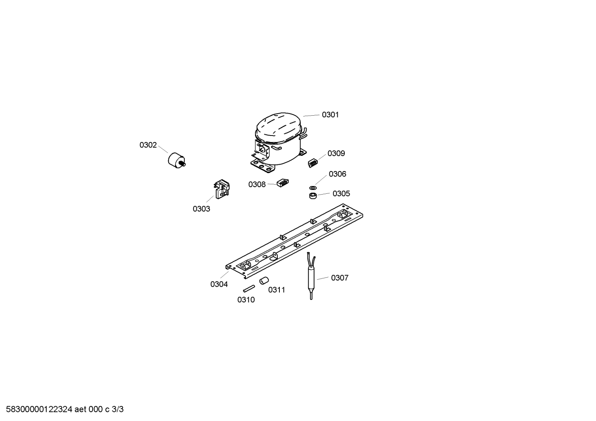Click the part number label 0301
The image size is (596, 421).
click(330, 114)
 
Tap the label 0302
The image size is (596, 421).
click(148, 145)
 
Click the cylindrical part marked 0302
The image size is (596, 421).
click(176, 160)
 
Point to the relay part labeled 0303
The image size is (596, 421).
click(222, 189)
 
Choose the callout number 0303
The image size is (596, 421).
click(201, 209)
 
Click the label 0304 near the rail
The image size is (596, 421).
click(219, 284)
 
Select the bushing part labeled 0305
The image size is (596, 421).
click(313, 196)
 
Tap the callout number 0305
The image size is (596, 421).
click(341, 193)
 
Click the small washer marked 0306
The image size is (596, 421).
click(313, 188)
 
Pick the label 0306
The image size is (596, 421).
click(337, 174)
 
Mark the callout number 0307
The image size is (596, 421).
click(339, 278)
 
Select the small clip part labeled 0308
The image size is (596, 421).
click(283, 183)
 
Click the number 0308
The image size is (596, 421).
click(257, 184)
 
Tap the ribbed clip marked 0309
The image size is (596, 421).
click(313, 163)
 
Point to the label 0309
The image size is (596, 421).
click(336, 153)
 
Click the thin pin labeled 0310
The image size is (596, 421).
click(249, 288)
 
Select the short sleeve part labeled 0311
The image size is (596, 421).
click(264, 280)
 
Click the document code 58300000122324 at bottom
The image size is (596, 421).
click(39, 409)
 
